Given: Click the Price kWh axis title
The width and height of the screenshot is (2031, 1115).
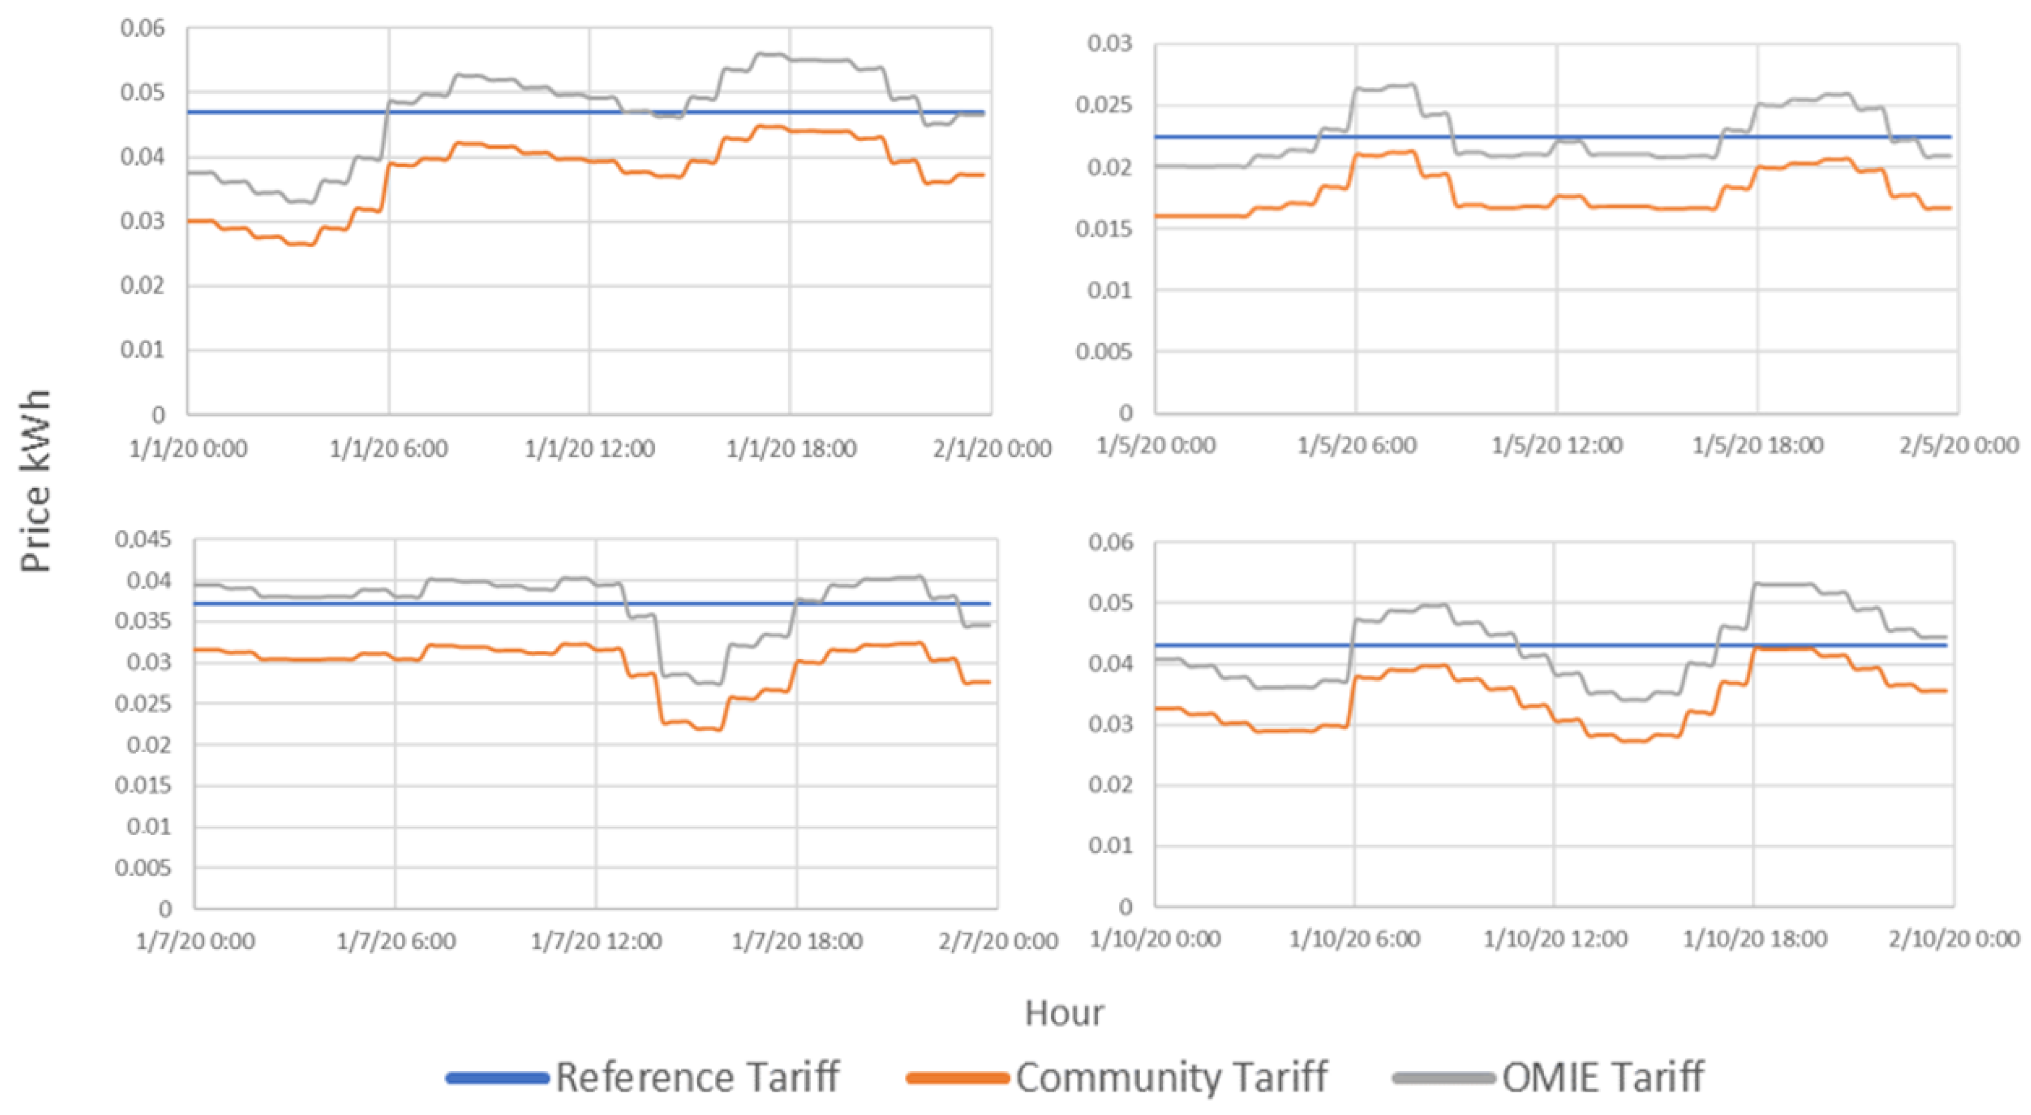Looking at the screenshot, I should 36,480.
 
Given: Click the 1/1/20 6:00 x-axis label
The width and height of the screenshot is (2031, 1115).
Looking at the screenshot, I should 388,449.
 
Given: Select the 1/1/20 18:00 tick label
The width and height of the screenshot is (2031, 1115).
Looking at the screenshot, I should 791,449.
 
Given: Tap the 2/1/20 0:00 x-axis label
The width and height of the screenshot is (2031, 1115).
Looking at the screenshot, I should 992,449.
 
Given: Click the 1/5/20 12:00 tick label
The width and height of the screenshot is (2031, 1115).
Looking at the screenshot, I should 1556,445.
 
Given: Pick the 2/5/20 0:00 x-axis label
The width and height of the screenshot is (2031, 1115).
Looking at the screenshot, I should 1958,445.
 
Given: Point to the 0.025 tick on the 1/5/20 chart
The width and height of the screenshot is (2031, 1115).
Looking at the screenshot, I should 1104,105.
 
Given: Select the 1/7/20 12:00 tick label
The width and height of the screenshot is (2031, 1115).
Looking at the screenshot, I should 596,941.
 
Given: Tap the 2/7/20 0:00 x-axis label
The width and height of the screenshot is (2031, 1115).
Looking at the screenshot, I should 997,941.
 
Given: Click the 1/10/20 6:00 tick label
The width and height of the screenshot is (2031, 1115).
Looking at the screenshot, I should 1354,939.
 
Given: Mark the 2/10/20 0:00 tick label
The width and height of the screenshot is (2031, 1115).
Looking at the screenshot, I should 1954,939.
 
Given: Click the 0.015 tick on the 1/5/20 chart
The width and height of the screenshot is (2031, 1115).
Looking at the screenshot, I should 1104,229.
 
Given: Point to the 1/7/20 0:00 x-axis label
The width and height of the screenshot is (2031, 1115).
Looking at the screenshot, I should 195,941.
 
